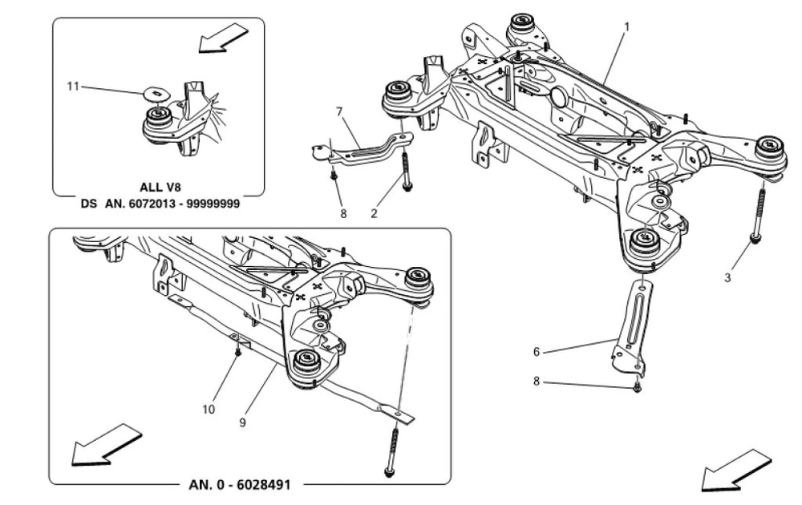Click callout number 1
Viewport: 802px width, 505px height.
tap(627, 26)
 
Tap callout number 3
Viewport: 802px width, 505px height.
tap(727, 278)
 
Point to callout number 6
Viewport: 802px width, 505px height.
tap(536, 351)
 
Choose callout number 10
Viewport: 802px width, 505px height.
tap(209, 408)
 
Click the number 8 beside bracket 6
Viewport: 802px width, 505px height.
tap(536, 382)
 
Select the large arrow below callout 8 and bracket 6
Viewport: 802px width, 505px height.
tap(735, 469)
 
